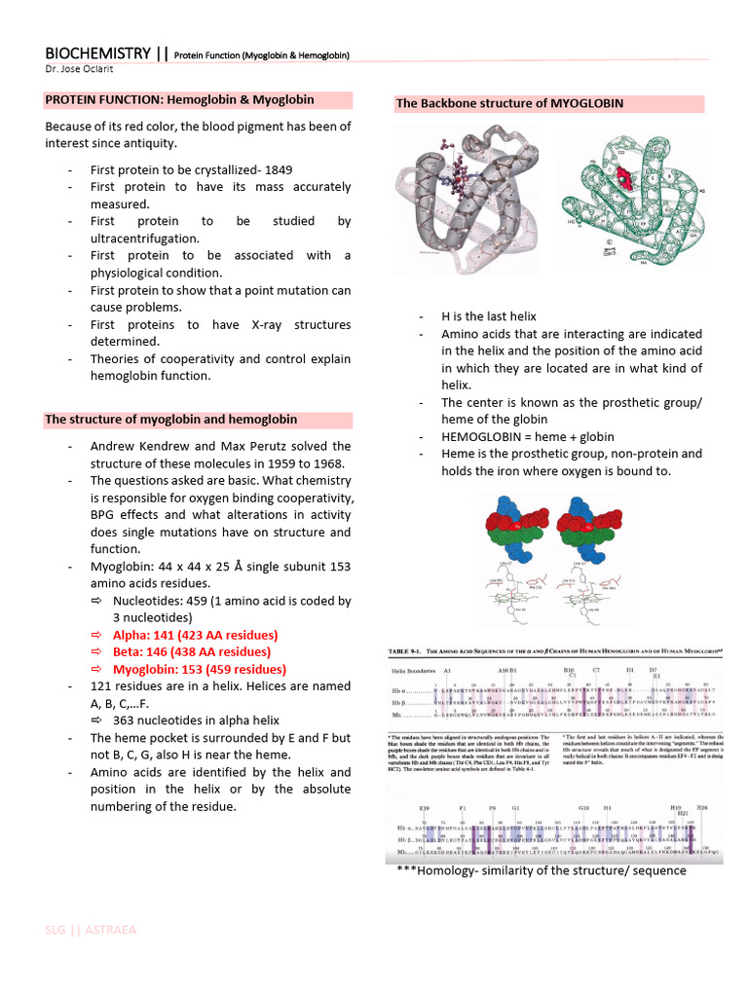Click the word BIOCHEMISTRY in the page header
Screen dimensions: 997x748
pyautogui.click(x=97, y=54)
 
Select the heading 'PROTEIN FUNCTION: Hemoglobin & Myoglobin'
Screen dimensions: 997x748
pyautogui.click(x=179, y=99)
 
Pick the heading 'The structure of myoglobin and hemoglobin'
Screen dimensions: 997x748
pyautogui.click(x=171, y=420)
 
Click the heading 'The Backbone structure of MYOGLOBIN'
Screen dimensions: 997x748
pyautogui.click(x=509, y=103)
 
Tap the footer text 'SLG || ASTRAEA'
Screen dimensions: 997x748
pyautogui.click(x=91, y=930)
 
